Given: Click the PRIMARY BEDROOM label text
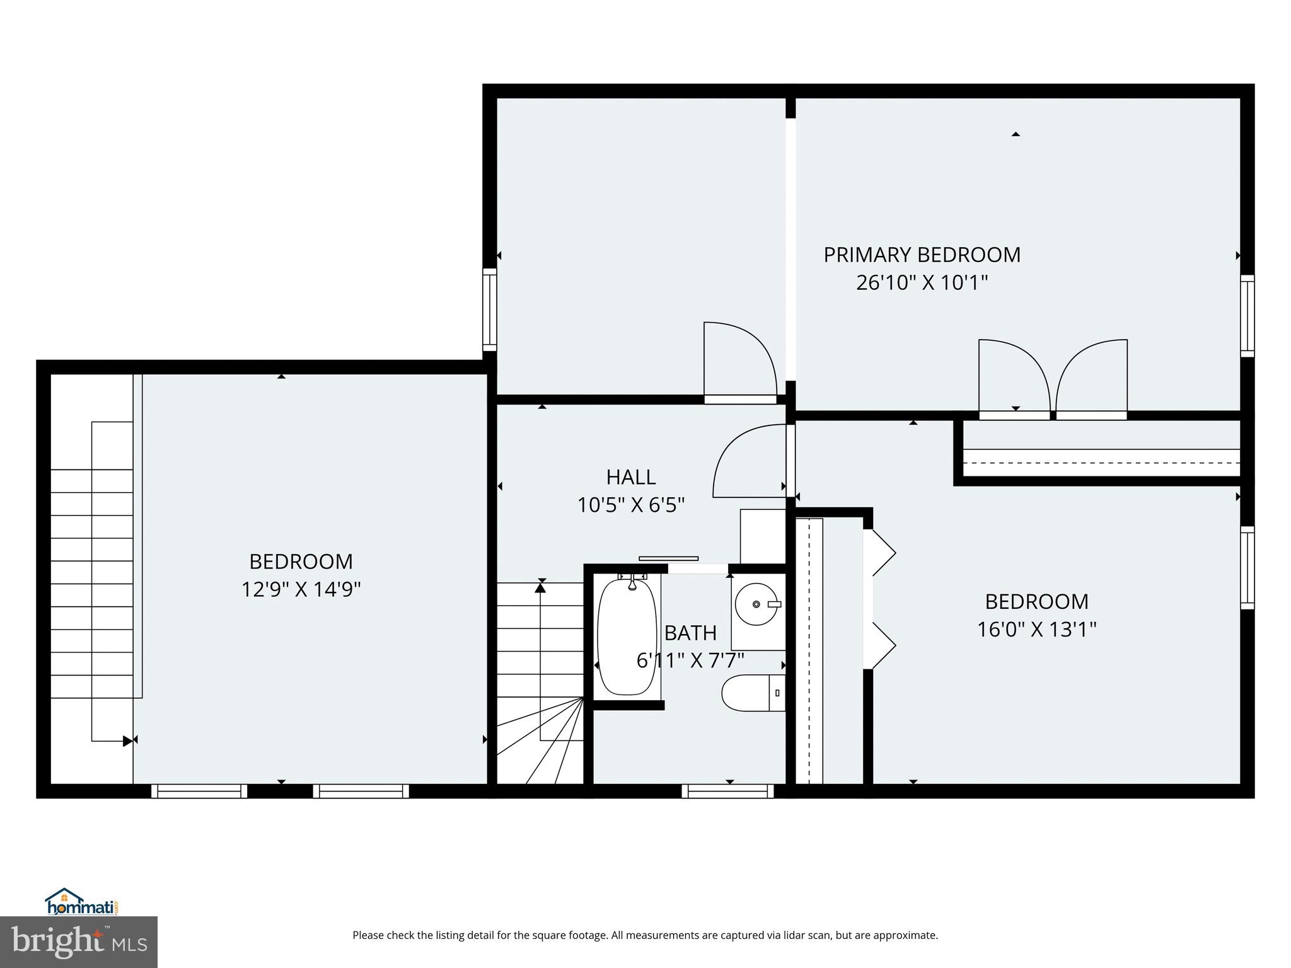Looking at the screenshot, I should (922, 255).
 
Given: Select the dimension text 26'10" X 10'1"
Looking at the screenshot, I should (922, 283).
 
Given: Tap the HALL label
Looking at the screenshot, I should (631, 477).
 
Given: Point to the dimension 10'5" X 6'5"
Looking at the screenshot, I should (631, 505).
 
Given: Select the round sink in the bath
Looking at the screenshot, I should (757, 604).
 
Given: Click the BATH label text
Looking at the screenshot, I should (690, 633).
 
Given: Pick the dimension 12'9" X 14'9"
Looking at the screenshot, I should (301, 590).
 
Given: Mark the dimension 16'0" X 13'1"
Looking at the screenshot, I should (1036, 630).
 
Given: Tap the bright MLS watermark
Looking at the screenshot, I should (79, 942).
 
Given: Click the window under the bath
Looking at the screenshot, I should (727, 791).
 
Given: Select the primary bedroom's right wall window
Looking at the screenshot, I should (1247, 316).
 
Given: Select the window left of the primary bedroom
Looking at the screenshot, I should (490, 309).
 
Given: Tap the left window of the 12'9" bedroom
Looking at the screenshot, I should (199, 791).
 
